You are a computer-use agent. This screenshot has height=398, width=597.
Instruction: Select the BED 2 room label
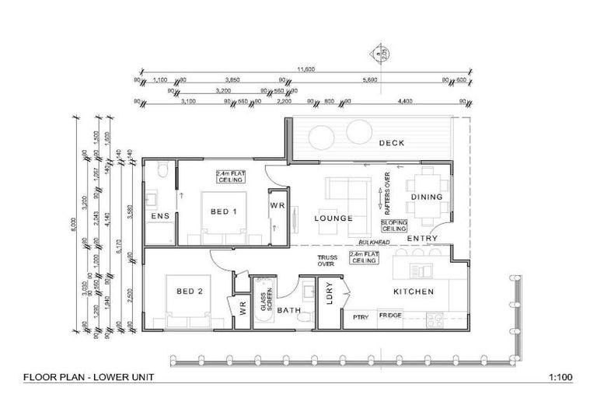click(190, 292)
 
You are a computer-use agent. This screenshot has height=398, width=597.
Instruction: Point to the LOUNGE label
click(334, 218)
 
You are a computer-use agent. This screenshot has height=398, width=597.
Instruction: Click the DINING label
click(427, 197)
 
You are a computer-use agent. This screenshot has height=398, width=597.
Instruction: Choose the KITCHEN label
click(413, 292)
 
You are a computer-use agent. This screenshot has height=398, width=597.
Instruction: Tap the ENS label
click(160, 215)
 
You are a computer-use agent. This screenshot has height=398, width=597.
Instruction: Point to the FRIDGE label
click(391, 316)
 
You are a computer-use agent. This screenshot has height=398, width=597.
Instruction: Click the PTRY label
click(360, 316)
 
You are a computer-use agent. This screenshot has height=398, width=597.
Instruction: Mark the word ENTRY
click(422, 238)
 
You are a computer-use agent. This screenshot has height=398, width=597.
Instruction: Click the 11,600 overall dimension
click(305, 69)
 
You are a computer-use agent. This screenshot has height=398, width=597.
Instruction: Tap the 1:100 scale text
click(560, 378)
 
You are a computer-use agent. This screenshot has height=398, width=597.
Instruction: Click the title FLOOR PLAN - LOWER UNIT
click(89, 378)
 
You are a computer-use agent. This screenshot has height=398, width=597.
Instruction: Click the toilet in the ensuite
click(161, 171)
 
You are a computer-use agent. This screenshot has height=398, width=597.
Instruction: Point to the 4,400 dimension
click(404, 101)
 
